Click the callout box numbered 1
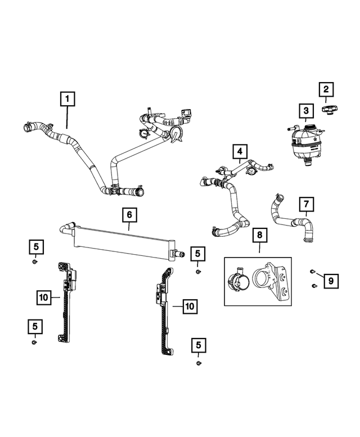(x=67, y=100)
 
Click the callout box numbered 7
(x=306, y=202)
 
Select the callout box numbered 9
(x=331, y=280)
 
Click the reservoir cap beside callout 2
(x=328, y=109)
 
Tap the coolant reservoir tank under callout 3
(x=305, y=143)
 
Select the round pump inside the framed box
(x=237, y=280)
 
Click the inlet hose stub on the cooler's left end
(x=66, y=228)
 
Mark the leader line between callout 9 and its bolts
(x=319, y=276)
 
